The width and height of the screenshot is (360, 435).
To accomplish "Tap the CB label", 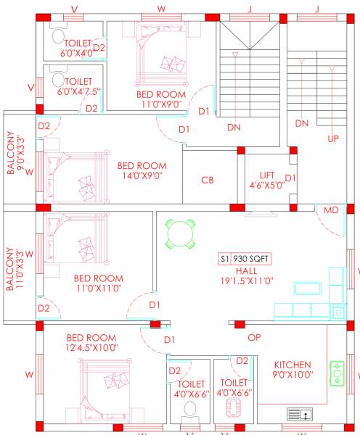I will coord(207,180).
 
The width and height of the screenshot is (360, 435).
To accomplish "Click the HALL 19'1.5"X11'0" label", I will coord(246,275).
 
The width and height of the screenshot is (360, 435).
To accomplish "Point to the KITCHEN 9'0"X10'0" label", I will coord(292,369).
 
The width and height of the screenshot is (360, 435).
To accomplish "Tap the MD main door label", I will coord(331,210).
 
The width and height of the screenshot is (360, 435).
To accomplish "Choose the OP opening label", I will coord(254,338).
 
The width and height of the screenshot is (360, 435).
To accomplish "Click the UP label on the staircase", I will coord(334,138).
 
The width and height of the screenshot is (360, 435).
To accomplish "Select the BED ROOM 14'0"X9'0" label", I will coord(142,170).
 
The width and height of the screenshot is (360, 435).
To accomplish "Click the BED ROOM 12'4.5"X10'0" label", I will coord(91,343).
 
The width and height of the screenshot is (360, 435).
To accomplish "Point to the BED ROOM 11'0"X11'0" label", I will coord(98,283).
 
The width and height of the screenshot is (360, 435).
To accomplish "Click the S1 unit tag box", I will coord(224,258).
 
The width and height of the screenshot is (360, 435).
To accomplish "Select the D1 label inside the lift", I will coord(290,178).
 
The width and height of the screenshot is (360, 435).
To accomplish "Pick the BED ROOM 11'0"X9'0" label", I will coord(161,99).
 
